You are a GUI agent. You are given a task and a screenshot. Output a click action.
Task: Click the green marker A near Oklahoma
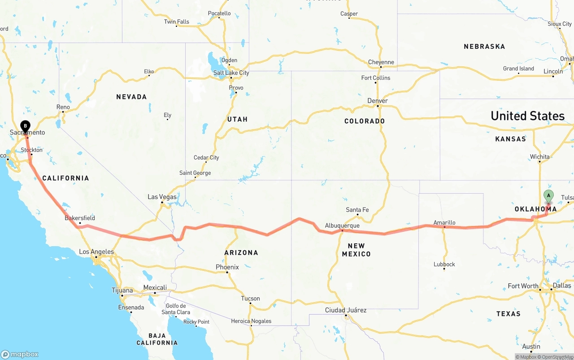click(548, 196)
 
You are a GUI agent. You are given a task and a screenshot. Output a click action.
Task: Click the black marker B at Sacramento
click(26, 126)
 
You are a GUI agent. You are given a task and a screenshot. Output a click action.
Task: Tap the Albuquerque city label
click(342, 226)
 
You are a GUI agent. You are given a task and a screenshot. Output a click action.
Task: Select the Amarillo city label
click(444, 222)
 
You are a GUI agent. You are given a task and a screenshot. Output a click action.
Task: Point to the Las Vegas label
click(162, 197)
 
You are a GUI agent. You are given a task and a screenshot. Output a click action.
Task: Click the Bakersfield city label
click(80, 218)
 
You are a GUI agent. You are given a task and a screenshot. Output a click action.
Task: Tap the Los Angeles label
click(96, 252)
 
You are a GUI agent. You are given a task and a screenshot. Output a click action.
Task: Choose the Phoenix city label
click(227, 267)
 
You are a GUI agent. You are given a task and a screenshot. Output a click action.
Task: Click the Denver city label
click(378, 101)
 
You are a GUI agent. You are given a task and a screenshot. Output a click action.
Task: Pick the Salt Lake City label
click(231, 73)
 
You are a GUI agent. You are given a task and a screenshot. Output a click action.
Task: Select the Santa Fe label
click(357, 210)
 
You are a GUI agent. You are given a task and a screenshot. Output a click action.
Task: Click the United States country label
click(527, 116)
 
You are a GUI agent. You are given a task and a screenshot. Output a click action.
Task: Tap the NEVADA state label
click(131, 97)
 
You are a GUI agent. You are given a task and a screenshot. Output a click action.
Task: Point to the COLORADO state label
click(365, 121)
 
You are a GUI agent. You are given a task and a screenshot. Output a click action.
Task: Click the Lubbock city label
click(444, 264)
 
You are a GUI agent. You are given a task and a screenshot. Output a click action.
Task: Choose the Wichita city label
click(539, 157)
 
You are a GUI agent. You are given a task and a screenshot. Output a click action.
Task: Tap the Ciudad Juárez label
click(346, 310)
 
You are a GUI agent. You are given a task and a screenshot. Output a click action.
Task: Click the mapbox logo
click(20, 354)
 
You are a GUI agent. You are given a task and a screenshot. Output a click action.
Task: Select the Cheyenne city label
click(381, 62)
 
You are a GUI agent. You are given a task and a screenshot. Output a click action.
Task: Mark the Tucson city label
click(250, 299)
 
